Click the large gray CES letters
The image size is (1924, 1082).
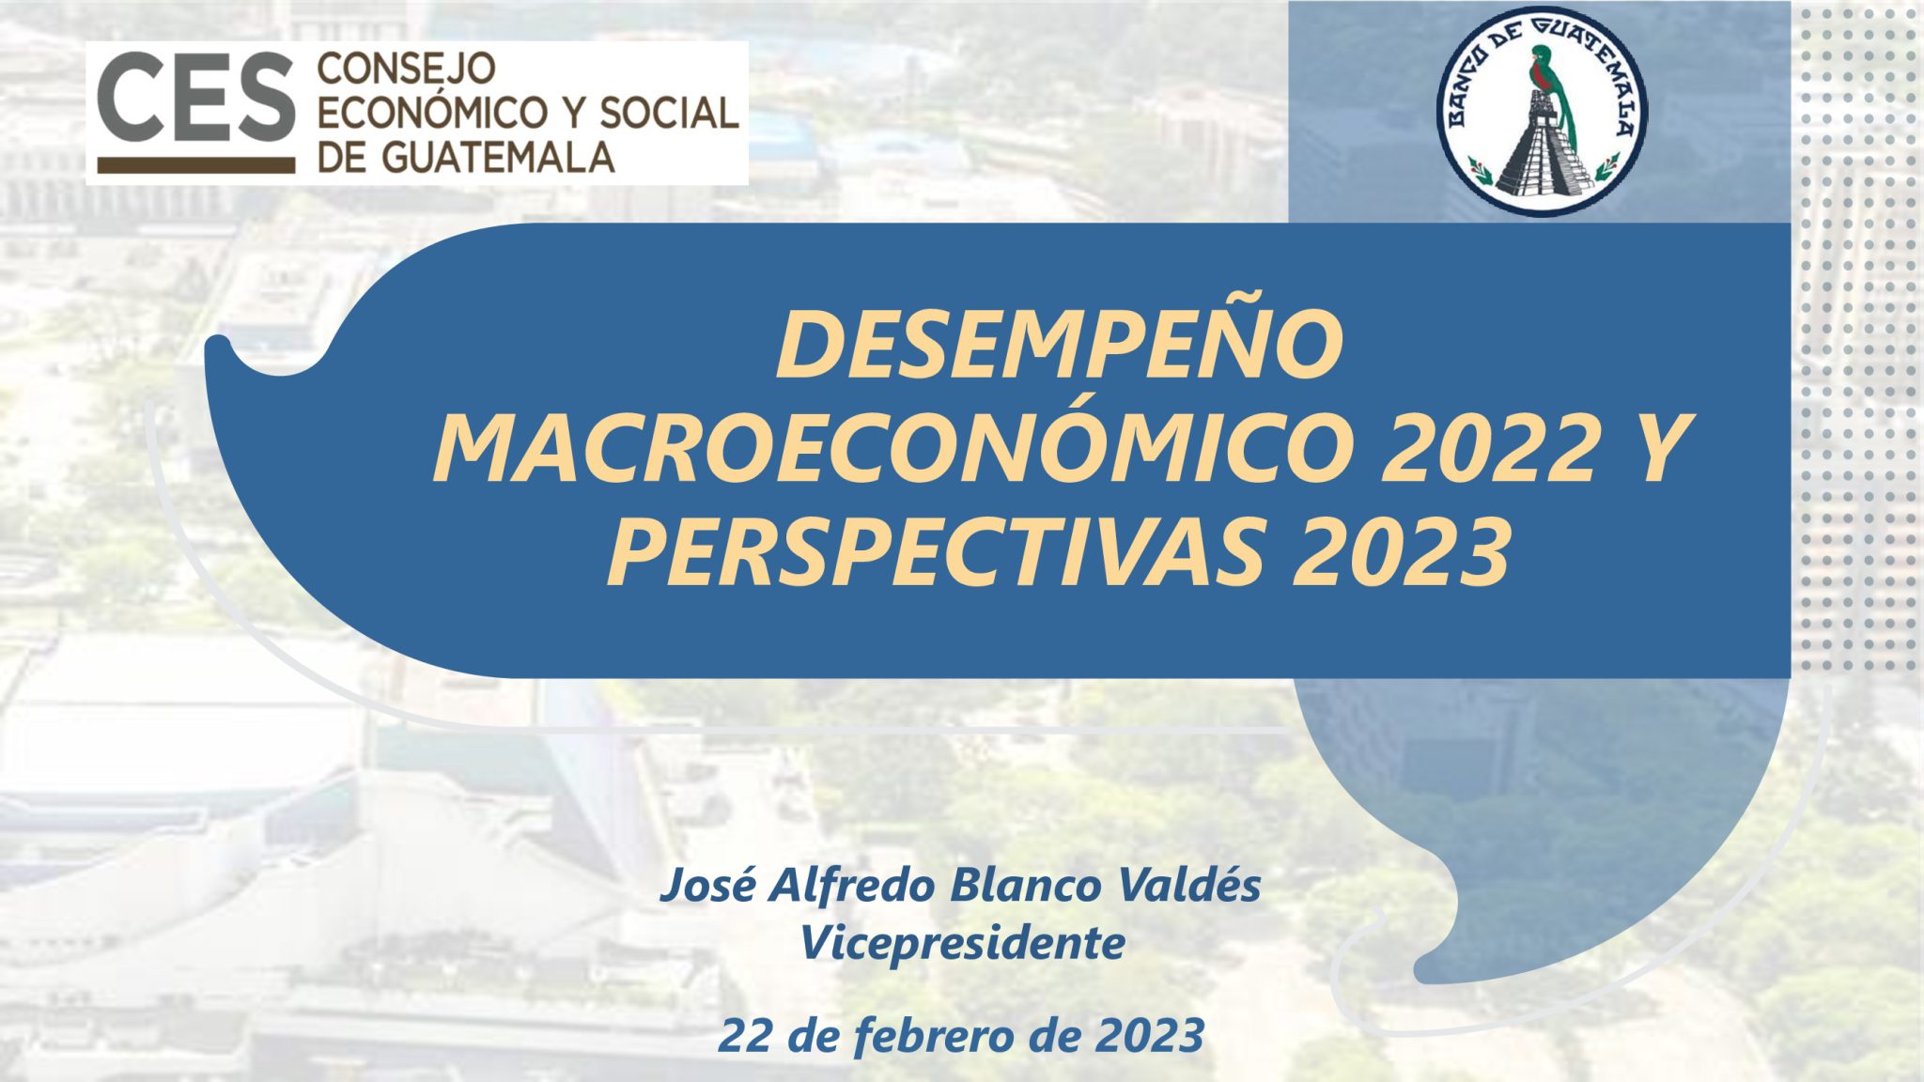[x=195, y=97]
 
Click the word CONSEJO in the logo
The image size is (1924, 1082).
[x=407, y=69]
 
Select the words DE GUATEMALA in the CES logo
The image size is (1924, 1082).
[x=466, y=156]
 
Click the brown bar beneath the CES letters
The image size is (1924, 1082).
[x=195, y=165]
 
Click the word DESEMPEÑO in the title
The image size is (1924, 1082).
[x=1060, y=346]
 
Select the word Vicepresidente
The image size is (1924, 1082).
[x=962, y=943]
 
